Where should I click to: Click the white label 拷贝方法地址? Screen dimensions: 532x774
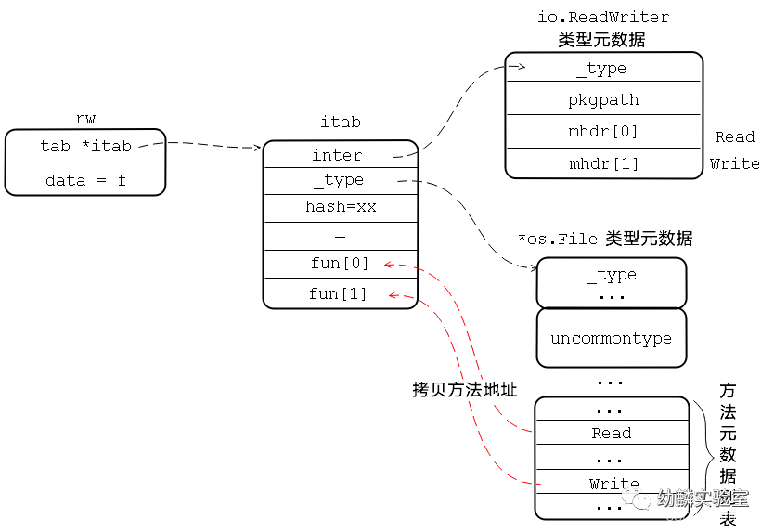465,390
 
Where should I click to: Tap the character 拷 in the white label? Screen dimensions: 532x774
421,390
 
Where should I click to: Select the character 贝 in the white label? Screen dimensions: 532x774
439,390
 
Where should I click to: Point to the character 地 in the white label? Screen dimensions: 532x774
491,390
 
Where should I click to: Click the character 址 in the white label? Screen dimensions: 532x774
509,390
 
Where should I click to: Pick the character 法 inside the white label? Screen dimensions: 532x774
473,390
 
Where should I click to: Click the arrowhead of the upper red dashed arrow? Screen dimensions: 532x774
388,266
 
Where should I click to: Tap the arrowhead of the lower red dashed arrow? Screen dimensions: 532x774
393,296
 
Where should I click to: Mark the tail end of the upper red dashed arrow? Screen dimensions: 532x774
532,432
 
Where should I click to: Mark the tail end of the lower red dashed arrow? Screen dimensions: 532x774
539,484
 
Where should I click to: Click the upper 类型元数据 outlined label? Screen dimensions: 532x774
601,40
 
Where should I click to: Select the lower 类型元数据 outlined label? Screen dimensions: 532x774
649,239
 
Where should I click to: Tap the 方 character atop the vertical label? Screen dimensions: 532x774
729,391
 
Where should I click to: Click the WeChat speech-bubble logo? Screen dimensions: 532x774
636,499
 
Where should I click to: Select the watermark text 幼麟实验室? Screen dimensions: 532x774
703,499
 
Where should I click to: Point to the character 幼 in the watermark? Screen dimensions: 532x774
666,499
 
